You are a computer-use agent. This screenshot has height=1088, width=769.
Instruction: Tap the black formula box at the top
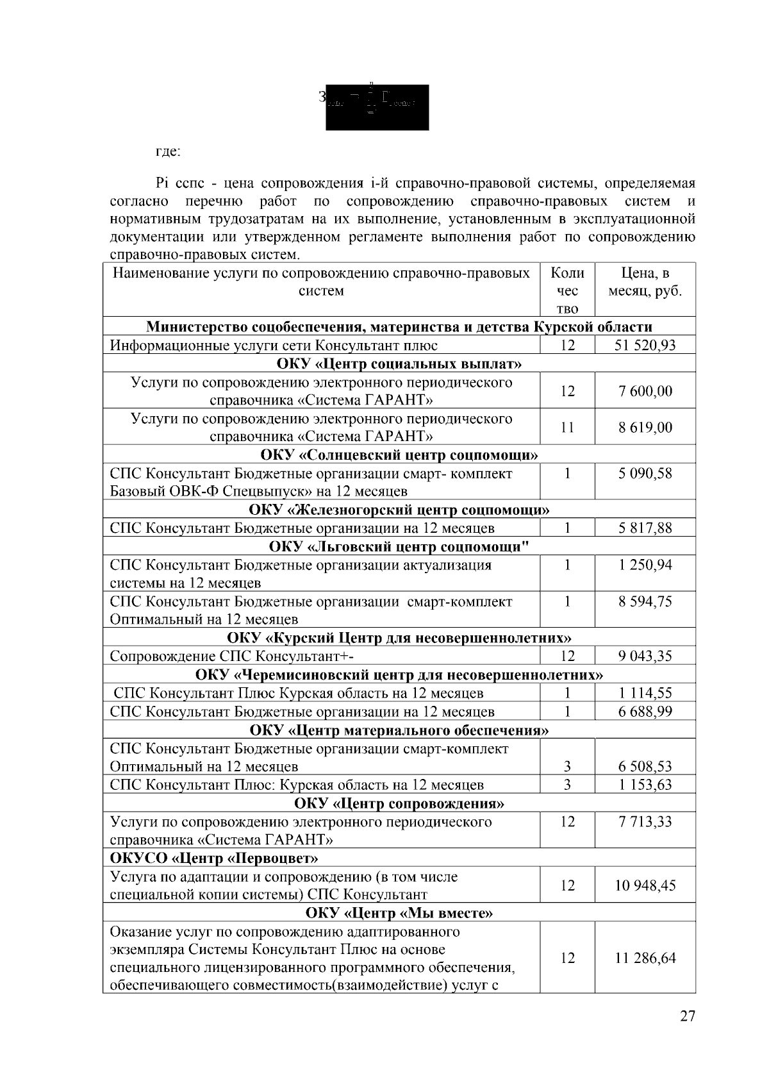(x=377, y=106)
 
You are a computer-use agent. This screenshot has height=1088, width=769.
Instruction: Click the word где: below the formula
(x=169, y=153)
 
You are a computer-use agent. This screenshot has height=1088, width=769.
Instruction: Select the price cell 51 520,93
(x=645, y=346)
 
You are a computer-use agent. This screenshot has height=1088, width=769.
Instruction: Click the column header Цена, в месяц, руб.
(x=645, y=282)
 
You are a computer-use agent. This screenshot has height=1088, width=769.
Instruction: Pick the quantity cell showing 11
(x=567, y=427)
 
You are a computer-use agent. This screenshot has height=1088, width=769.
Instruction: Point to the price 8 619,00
(x=645, y=427)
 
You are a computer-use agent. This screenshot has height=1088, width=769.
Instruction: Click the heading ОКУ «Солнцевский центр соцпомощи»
(x=399, y=455)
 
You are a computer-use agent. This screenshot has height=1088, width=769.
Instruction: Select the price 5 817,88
(x=645, y=528)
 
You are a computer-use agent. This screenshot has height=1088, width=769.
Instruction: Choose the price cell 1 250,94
(x=645, y=565)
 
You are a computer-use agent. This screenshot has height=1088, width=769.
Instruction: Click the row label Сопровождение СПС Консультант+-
(x=232, y=657)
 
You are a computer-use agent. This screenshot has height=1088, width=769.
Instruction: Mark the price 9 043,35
(x=645, y=657)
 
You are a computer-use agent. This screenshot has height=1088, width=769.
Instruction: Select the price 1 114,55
(x=645, y=693)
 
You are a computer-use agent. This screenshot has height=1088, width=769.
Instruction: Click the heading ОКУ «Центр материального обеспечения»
(x=399, y=730)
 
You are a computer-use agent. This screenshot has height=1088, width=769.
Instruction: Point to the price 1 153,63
(x=645, y=785)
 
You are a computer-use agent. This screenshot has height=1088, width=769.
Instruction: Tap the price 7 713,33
(x=645, y=822)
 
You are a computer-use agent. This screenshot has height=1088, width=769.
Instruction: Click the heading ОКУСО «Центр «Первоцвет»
(x=214, y=858)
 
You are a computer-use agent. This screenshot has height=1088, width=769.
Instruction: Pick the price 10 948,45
(x=645, y=885)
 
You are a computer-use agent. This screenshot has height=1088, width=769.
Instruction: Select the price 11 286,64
(x=645, y=958)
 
